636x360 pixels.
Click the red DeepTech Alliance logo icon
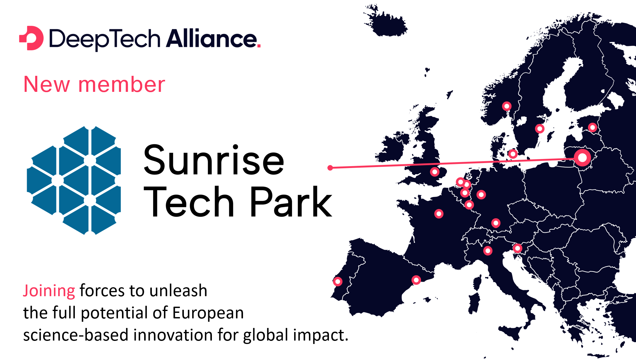click(31, 38)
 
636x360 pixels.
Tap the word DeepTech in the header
click(105, 40)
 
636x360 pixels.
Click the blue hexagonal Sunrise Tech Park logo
click(74, 180)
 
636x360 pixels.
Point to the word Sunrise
click(214, 160)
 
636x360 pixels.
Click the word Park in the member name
click(291, 202)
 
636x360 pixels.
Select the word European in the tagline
click(208, 313)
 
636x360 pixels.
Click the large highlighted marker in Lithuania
click(582, 157)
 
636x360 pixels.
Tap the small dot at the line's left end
click(330, 168)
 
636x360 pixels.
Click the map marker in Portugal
click(338, 281)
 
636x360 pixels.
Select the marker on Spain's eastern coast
click(416, 280)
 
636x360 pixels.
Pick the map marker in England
click(435, 172)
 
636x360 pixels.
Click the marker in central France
click(439, 214)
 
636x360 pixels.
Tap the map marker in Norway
click(507, 106)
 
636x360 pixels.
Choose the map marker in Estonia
click(592, 127)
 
